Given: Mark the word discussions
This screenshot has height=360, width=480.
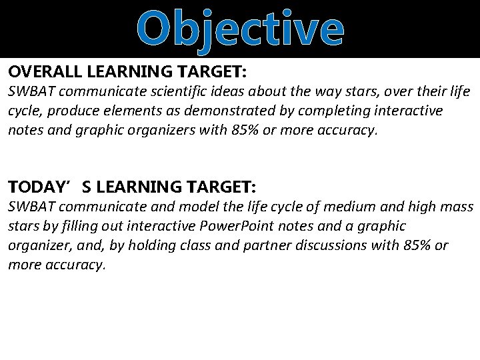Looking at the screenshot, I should click(x=336, y=245).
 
